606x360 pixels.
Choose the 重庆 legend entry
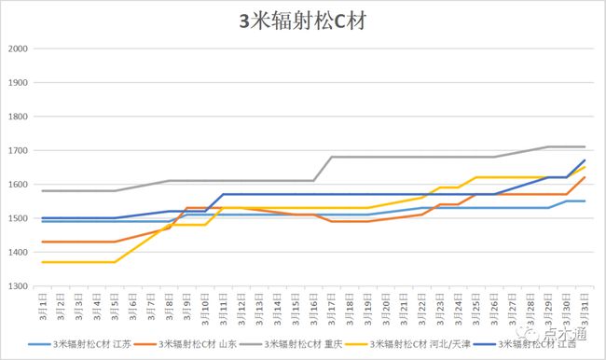pyautogui.click(x=313, y=345)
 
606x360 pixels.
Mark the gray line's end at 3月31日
pyautogui.click(x=585, y=146)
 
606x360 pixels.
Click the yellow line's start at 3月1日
pyautogui.click(x=44, y=262)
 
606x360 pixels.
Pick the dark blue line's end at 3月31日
pyautogui.click(x=585, y=160)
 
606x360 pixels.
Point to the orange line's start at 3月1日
pyautogui.click(x=44, y=242)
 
